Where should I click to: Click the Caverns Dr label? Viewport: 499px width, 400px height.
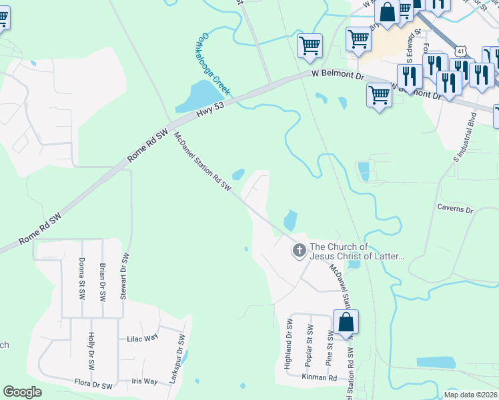tap(455, 209)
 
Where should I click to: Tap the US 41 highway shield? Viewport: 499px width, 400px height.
tap(459, 51)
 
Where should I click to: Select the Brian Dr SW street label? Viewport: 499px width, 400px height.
tap(103, 282)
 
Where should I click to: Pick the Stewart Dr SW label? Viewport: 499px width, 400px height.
tap(124, 275)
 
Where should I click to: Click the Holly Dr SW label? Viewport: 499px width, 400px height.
tap(91, 351)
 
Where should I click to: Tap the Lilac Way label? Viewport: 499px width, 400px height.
tap(142, 339)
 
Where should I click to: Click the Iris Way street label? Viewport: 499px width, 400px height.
tap(144, 381)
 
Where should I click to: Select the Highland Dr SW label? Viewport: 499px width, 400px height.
tap(289, 343)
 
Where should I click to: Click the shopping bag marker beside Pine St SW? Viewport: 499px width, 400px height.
tap(346, 323)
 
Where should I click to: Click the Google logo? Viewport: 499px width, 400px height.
tap(22, 392)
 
